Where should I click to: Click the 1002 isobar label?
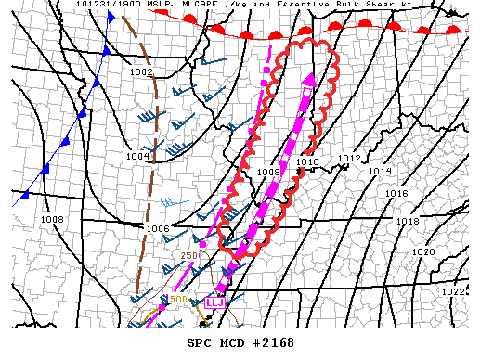[141, 71]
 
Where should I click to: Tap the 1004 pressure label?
[137, 156]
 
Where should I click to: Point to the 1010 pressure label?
[307, 162]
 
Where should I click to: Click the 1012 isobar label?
[348, 159]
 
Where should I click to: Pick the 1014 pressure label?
[380, 172]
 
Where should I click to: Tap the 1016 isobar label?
[396, 194]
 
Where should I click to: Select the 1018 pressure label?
[407, 222]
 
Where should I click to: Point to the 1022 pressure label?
[452, 291]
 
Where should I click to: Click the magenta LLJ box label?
[215, 301]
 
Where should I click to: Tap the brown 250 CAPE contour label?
[189, 255]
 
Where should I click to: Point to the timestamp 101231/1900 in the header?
[115, 5]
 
